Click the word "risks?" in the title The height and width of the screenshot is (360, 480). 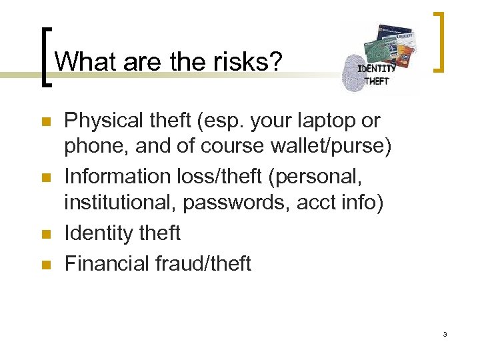pos(248,62)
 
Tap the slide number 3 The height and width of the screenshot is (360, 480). pos(445,333)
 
